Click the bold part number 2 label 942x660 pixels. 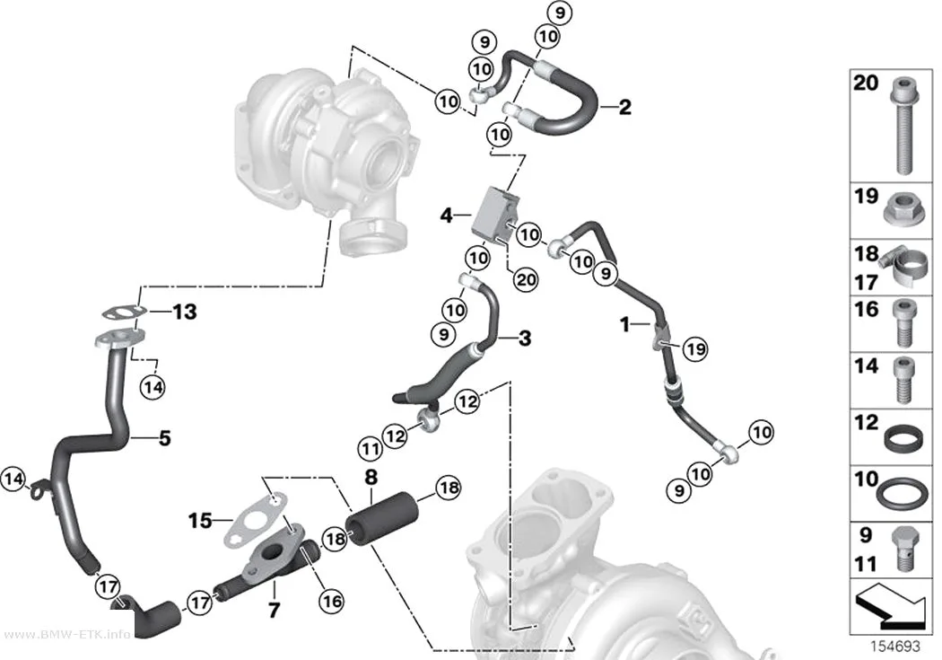click(624, 107)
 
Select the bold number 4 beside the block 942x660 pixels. click(447, 215)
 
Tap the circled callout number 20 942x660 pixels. click(526, 279)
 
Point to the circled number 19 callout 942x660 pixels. click(695, 348)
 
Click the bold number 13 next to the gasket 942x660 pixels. click(185, 312)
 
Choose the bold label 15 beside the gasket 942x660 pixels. click(201, 521)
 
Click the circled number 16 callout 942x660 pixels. click(332, 601)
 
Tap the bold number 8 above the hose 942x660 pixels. click(371, 478)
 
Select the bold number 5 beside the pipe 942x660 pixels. click(165, 438)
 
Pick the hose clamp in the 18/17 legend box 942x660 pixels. click(907, 267)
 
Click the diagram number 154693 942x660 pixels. click(895, 647)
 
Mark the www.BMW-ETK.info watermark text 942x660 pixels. click(66, 636)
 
